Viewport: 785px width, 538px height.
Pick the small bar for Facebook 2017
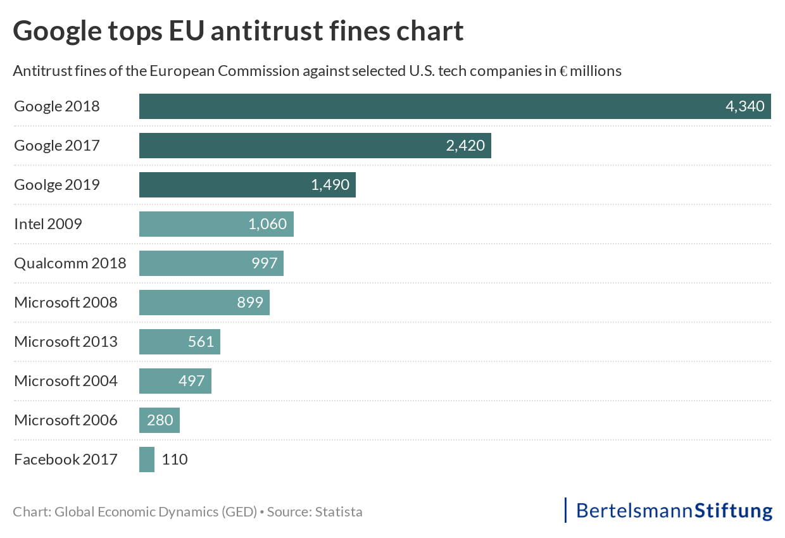(147, 460)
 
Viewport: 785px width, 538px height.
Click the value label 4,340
(744, 106)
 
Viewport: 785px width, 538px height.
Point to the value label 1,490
(330, 185)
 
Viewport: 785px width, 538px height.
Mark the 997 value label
(265, 263)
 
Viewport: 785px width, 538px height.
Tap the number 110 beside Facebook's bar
(175, 460)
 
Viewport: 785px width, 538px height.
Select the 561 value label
(201, 342)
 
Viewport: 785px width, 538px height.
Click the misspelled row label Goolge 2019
(56, 185)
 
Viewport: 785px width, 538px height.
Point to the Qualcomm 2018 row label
(70, 263)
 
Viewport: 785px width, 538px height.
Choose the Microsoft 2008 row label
(65, 303)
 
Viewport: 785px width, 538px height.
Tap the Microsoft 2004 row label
(65, 381)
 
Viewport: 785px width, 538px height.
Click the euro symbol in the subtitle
(563, 71)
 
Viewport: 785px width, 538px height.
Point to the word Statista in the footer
(339, 511)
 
